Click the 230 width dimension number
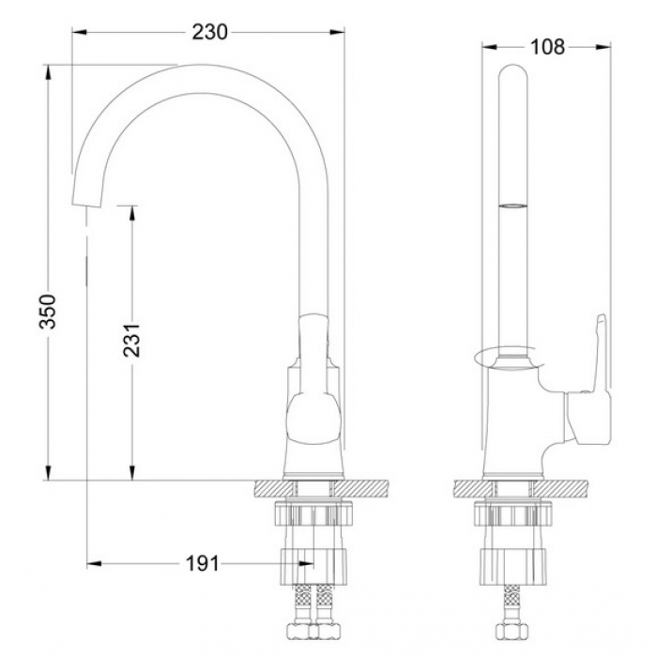[x=209, y=32]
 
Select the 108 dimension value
[x=547, y=47]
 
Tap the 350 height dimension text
[x=48, y=312]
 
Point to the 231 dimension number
[x=131, y=340]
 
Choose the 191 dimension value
[x=203, y=563]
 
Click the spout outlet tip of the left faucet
[x=86, y=205]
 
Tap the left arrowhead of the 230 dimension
[x=80, y=32]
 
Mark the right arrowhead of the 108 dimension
[x=604, y=47]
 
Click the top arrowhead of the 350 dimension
[x=48, y=71]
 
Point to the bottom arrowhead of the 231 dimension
[x=132, y=473]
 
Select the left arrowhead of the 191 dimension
[x=94, y=563]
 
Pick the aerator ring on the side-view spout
[x=513, y=206]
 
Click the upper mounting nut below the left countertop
[x=313, y=512]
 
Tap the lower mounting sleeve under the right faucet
[x=513, y=567]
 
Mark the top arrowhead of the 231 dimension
[x=132, y=213]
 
